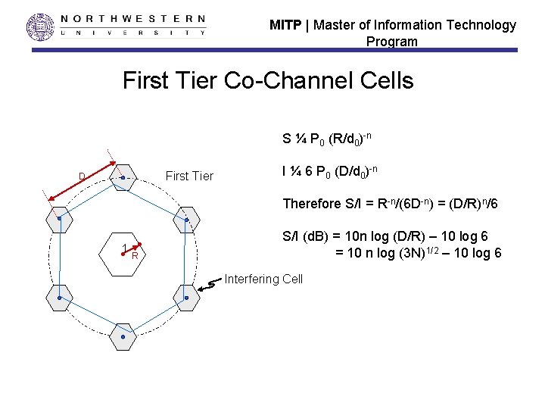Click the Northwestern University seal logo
point(41,27)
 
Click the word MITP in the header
point(285,25)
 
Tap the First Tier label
point(189,176)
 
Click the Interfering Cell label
point(263,279)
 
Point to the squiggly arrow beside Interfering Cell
point(213,284)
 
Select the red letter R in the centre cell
point(135,256)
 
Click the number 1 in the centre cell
point(123,248)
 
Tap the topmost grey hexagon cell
point(122,179)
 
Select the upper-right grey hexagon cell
point(186,219)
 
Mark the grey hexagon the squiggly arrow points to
point(185,298)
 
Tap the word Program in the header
point(391,42)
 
